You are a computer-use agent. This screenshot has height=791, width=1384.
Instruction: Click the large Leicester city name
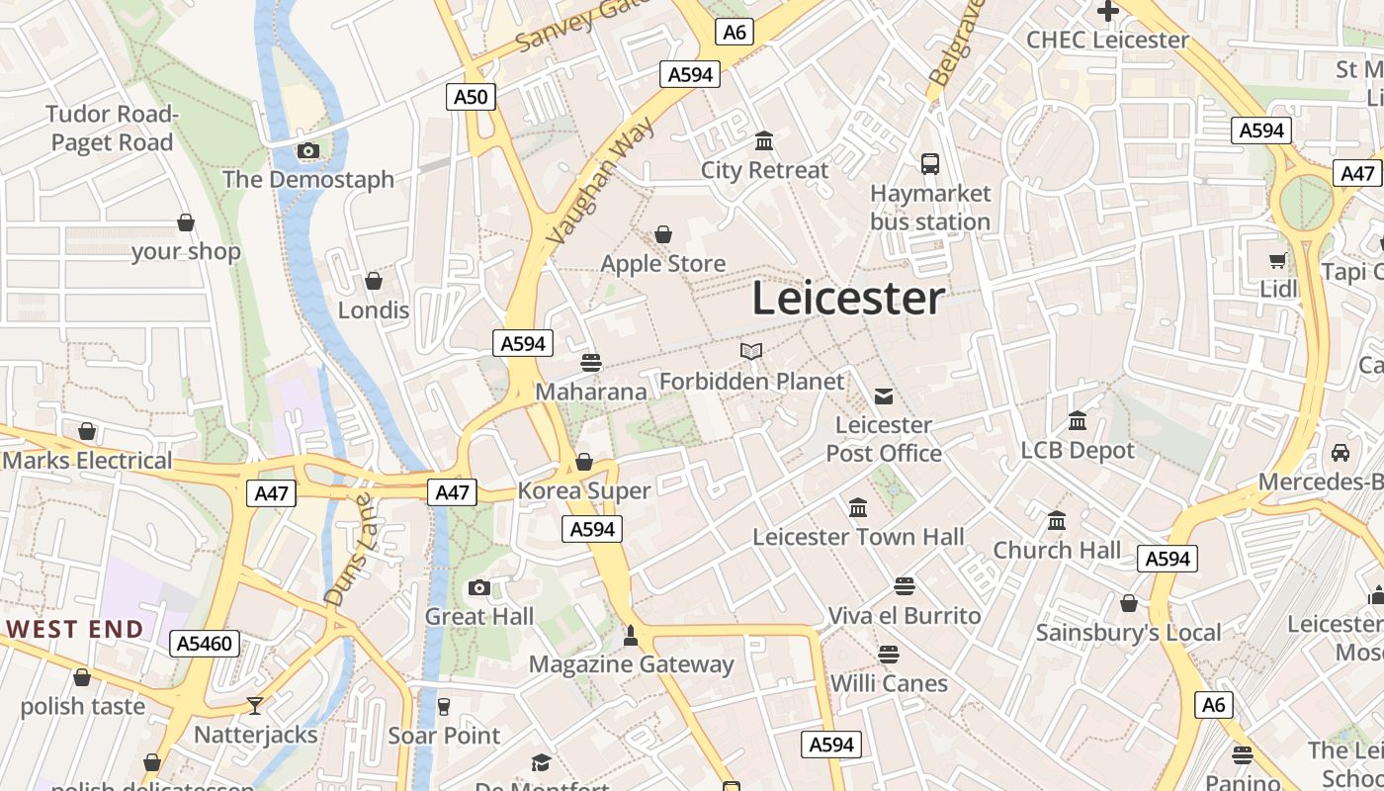pos(848,299)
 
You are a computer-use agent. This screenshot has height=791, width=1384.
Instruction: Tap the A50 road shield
pos(471,96)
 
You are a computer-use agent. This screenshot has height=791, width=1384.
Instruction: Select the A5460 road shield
pos(206,644)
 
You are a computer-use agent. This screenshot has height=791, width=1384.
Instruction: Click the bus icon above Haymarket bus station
pos(929,164)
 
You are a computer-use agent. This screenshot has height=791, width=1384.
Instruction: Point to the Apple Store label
pos(663,264)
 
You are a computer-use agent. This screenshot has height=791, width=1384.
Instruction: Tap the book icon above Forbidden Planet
pos(751,351)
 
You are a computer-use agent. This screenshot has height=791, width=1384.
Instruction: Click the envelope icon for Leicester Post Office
pos(884,396)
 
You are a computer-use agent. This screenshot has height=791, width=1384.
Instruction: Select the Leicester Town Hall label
pos(858,537)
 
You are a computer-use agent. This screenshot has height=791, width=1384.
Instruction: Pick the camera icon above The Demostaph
pos(308,151)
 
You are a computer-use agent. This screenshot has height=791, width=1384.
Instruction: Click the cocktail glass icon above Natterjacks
pos(255,706)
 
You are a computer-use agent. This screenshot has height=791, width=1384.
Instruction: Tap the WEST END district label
pos(75,629)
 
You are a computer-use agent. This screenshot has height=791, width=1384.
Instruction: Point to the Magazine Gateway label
pos(631,664)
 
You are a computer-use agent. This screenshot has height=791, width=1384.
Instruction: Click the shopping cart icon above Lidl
pos(1277,261)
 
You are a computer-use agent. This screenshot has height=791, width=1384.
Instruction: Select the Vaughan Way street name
pos(600,180)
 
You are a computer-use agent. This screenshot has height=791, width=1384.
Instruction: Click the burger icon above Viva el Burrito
pos(904,586)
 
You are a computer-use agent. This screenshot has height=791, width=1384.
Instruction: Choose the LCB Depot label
pos(1078,450)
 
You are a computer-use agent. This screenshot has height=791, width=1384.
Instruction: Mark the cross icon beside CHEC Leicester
pos(1107,12)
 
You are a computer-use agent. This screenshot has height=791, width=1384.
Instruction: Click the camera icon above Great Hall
pos(479,588)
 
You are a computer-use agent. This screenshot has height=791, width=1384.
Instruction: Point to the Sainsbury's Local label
pos(1128,633)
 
